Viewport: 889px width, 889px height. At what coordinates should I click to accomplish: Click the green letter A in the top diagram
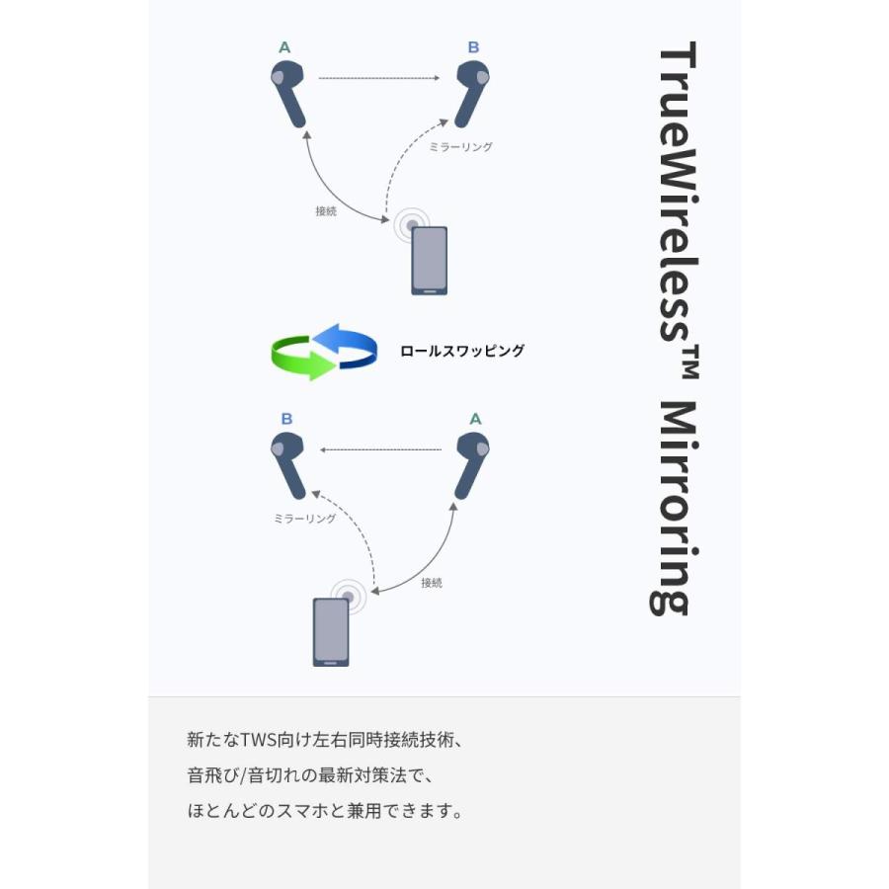point(284,47)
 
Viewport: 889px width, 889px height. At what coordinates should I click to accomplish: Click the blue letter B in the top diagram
point(473,47)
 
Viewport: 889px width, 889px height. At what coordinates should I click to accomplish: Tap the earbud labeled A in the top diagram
point(288,94)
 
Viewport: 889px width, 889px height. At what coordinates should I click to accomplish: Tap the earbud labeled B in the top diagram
point(472,94)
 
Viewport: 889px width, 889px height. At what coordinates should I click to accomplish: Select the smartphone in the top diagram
point(430,261)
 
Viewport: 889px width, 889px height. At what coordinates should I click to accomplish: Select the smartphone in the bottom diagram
point(331,632)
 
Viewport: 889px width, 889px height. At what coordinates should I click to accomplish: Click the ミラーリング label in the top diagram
point(460,147)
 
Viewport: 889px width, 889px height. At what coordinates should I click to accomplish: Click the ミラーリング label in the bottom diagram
point(305,519)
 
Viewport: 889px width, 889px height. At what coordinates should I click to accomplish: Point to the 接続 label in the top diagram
point(326,211)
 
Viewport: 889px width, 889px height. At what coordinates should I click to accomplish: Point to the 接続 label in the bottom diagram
point(432,583)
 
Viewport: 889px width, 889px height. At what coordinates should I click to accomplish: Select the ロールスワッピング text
point(462,351)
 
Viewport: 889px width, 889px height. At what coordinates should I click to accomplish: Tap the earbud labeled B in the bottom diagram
point(288,466)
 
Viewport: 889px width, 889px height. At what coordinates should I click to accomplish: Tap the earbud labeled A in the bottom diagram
point(472,466)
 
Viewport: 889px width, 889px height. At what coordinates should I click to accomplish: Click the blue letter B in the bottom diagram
point(286,419)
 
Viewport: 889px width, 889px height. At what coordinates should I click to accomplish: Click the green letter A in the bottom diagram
point(475,419)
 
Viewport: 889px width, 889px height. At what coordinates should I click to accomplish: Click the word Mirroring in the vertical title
point(675,508)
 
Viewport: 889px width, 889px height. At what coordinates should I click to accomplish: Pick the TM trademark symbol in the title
point(690,362)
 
